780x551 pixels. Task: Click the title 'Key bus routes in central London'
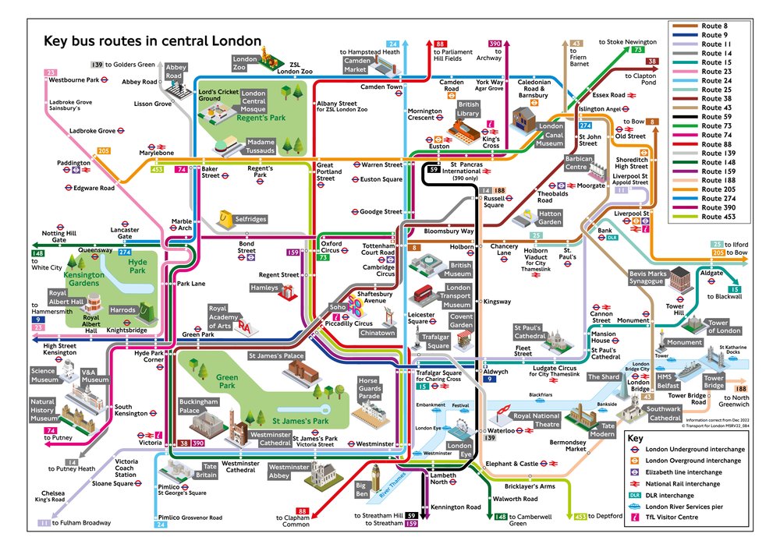point(152,41)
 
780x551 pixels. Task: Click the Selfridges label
point(250,220)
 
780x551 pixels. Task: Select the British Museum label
point(458,269)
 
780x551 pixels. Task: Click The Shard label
point(603,377)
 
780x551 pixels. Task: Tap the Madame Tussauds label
point(261,147)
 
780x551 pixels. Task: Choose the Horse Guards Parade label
point(367,387)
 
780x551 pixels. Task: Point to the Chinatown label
point(378,333)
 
